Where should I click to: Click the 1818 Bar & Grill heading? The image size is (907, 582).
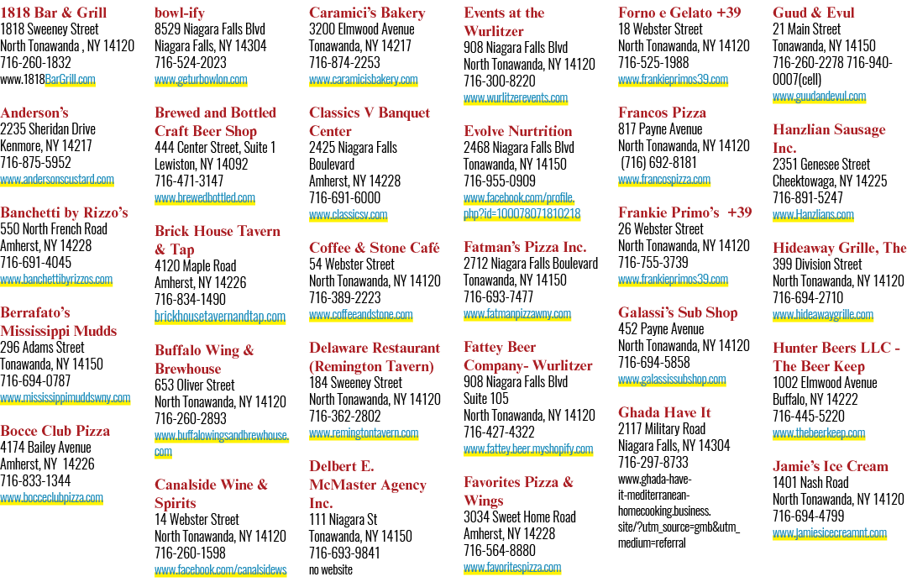[x=53, y=13]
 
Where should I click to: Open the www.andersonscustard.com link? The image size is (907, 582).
[x=57, y=180]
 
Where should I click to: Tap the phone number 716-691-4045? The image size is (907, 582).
[x=36, y=262]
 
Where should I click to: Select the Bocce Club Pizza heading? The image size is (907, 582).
[x=55, y=431]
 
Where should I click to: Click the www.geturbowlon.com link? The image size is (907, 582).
[x=201, y=79]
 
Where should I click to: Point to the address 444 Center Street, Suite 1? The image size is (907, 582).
[x=215, y=148]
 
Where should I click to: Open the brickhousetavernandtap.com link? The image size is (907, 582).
[x=220, y=317]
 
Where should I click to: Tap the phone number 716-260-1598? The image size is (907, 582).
[x=191, y=553]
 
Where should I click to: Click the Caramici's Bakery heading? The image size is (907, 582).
[x=367, y=13]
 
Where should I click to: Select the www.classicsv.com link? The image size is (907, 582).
[x=349, y=215]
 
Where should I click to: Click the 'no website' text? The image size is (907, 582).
[x=331, y=570]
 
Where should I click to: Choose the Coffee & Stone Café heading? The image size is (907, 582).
[x=375, y=248]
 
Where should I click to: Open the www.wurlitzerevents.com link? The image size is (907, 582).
[x=516, y=97]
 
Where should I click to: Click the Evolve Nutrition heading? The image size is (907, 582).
[x=517, y=131]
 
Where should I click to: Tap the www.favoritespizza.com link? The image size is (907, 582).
[x=512, y=568]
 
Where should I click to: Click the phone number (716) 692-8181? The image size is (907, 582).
[x=658, y=163]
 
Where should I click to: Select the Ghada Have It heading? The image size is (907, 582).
[x=664, y=412]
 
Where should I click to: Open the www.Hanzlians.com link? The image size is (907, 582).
[x=813, y=215]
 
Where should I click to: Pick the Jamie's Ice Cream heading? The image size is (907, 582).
[x=831, y=466]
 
